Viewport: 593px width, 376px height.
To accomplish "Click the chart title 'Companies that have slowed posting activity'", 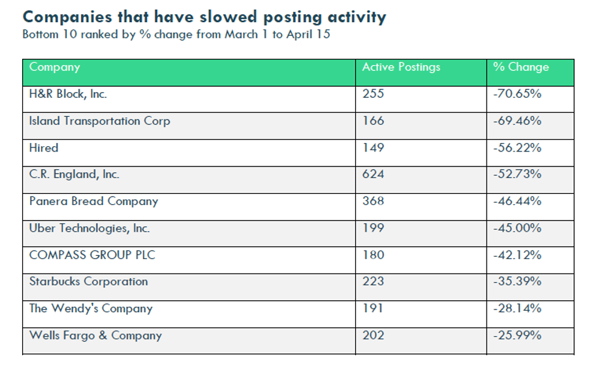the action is click(x=204, y=18).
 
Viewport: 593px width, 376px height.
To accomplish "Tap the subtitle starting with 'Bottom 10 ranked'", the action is click(x=176, y=35).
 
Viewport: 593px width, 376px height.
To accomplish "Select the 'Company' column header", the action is click(x=54, y=67).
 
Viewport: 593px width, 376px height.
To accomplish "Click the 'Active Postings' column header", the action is click(x=401, y=67).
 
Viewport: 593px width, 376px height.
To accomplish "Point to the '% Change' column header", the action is click(x=521, y=67).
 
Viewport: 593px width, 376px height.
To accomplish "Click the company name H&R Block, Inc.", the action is click(x=68, y=94).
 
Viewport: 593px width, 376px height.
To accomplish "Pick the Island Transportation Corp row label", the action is click(x=100, y=121).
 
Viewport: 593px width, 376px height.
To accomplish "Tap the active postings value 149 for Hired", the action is click(x=374, y=148).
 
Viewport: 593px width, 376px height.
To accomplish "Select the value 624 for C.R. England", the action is click(x=374, y=174).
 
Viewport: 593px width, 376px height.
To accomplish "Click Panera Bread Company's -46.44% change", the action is click(x=517, y=201).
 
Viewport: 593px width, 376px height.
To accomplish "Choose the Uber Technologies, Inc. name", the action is click(x=89, y=228).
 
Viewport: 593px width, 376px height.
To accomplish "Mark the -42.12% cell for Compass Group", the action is click(x=517, y=255).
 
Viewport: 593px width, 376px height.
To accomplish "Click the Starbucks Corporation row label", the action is click(x=89, y=281).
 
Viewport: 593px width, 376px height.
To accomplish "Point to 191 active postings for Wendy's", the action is click(x=373, y=308).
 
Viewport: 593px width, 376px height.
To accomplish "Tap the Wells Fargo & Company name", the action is click(x=96, y=336).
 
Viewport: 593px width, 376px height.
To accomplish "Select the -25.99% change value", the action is click(x=517, y=335).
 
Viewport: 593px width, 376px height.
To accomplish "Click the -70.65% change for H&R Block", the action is click(x=517, y=94).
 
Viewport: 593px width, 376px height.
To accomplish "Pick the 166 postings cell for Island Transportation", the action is click(x=374, y=121).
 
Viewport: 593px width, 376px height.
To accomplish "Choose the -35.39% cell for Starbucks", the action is click(x=517, y=281).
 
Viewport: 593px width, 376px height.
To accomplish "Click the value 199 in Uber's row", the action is click(x=374, y=228).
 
